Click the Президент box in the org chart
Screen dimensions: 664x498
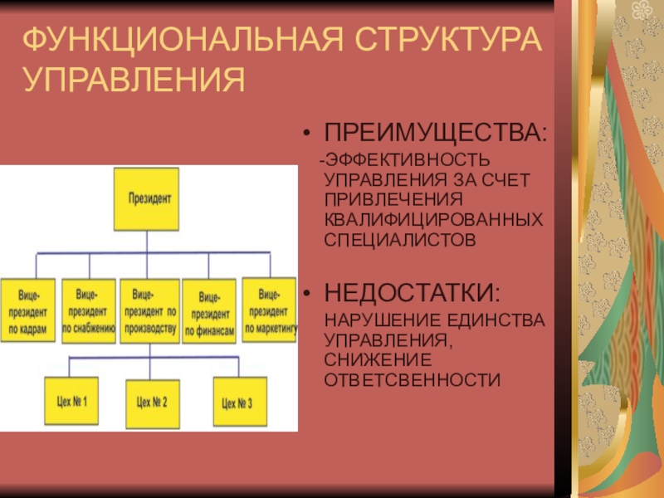pos(147,199)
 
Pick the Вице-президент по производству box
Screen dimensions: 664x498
pos(149,310)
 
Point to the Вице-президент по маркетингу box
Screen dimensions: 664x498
pos(268,309)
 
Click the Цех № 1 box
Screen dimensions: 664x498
pos(71,403)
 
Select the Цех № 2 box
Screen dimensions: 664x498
pos(152,403)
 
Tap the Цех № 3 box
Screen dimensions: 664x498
pos(237,403)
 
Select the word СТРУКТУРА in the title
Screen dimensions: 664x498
pos(447,40)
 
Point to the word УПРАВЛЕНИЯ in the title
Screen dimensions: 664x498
pos(134,81)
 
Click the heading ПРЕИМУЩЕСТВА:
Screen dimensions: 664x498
pos(436,133)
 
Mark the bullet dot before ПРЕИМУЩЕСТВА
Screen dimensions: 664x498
pos(308,134)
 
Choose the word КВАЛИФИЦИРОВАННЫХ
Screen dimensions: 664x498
pos(434,221)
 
